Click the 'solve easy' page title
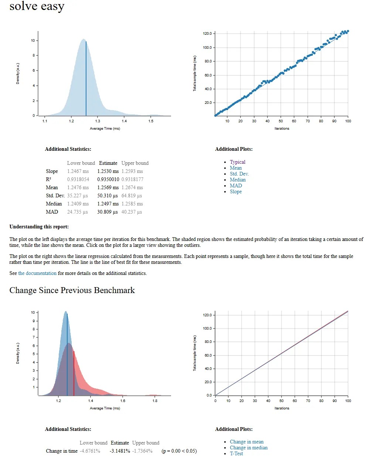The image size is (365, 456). click(x=37, y=6)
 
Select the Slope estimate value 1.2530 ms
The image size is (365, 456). click(x=108, y=171)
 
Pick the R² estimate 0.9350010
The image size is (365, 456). click(x=108, y=179)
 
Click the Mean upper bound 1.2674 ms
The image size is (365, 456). click(x=132, y=187)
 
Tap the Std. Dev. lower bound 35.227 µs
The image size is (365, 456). click(x=78, y=195)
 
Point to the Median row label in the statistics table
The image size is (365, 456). click(x=54, y=204)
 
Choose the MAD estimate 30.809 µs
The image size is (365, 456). click(x=108, y=212)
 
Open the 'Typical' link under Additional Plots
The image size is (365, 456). click(x=238, y=162)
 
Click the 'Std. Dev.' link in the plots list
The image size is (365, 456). click(x=239, y=174)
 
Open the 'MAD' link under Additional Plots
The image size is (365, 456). click(x=236, y=186)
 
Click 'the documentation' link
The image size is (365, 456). click(x=37, y=273)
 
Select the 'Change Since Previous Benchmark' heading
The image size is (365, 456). click(x=72, y=290)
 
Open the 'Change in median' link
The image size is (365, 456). click(x=249, y=448)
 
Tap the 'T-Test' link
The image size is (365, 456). click(x=236, y=453)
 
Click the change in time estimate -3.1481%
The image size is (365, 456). click(x=120, y=451)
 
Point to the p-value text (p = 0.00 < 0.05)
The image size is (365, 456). click(x=179, y=451)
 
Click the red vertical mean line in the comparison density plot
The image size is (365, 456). click(x=74, y=373)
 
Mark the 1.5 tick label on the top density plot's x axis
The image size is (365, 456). click(x=151, y=121)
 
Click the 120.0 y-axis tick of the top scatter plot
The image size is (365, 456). click(x=207, y=34)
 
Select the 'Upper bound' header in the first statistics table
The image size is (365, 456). click(x=135, y=163)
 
